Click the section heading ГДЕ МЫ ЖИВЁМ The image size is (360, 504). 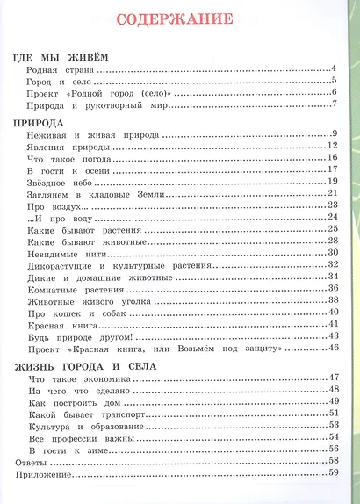tap(66, 58)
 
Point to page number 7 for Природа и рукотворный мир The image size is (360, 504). tap(335, 105)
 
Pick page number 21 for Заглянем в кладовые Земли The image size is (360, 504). tap(333, 193)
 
